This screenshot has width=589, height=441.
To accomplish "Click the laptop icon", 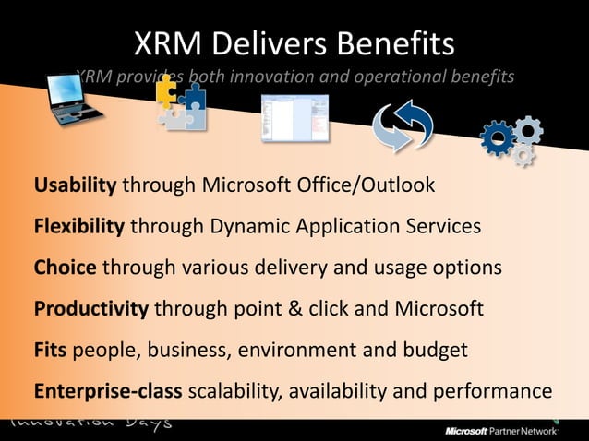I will (74, 102).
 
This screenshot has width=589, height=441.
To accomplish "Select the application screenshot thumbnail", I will (294, 118).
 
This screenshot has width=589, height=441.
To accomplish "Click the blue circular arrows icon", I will (403, 127).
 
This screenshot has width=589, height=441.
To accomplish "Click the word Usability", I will (75, 185).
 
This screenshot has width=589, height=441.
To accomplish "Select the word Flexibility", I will (79, 226).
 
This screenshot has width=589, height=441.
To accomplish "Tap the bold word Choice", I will (66, 268).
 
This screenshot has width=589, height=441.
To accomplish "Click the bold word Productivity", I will (91, 309).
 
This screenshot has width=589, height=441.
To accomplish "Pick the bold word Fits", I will (51, 351).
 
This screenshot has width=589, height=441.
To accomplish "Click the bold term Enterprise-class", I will (109, 391).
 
